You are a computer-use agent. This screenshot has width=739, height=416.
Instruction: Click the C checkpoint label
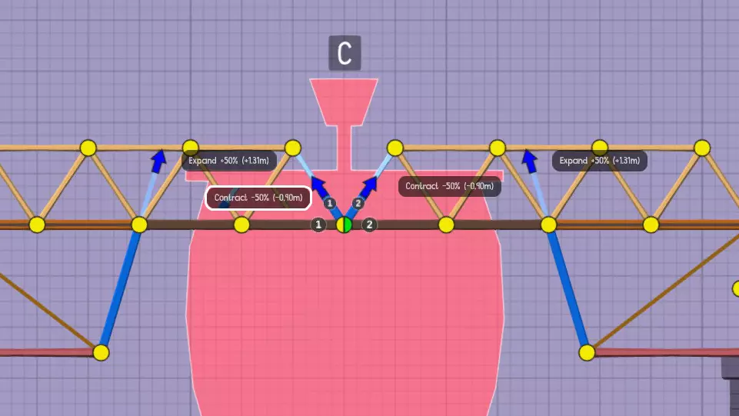(345, 53)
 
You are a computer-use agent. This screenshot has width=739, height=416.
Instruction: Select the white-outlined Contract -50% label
(258, 198)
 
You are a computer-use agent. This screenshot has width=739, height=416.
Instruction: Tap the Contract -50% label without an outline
(450, 186)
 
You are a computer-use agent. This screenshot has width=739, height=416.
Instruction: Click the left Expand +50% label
(228, 161)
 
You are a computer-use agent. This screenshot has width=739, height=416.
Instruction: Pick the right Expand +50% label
(599, 161)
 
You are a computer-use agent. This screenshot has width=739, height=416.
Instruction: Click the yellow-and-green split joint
(345, 225)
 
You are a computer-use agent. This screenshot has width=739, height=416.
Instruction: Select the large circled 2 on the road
(370, 225)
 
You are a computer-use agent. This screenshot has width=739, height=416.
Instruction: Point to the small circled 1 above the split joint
(330, 203)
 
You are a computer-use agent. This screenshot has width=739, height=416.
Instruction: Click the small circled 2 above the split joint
(358, 203)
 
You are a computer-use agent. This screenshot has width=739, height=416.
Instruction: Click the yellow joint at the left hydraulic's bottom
(101, 352)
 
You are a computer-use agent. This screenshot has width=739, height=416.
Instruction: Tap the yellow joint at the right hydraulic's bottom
(587, 352)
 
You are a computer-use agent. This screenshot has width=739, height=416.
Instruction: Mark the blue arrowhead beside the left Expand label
(158, 159)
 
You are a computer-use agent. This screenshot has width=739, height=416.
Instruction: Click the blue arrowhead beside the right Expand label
(529, 159)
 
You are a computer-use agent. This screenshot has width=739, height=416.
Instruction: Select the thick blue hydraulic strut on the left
(120, 288)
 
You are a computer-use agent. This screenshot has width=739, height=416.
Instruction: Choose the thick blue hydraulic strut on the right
(568, 288)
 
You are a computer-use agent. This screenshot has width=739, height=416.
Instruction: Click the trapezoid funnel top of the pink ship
(344, 101)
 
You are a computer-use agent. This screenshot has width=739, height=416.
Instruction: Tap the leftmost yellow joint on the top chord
(88, 148)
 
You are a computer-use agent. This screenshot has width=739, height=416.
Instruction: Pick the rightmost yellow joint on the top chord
(701, 148)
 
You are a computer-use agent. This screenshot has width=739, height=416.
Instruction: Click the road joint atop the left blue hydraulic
(139, 225)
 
